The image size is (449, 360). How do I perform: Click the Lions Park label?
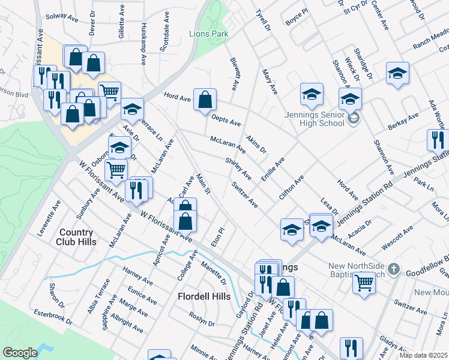(x=208, y=34)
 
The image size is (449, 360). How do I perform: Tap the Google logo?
(x=20, y=353)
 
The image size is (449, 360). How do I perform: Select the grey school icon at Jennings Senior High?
(x=354, y=118)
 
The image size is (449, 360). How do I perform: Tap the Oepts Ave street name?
(x=226, y=123)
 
